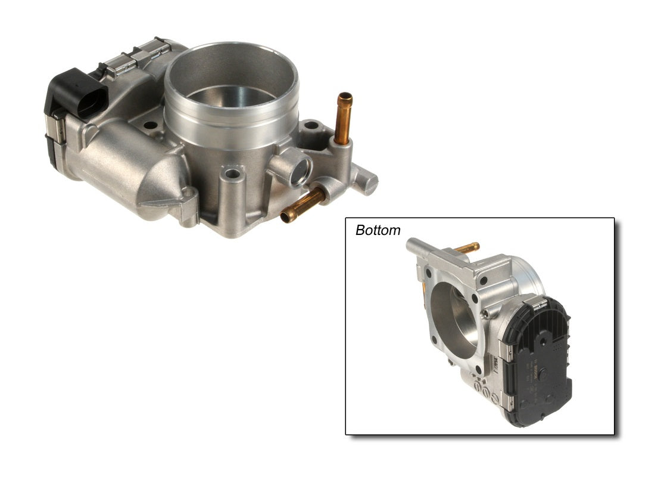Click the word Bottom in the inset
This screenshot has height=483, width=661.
(378, 230)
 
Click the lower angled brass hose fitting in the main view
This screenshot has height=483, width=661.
(303, 204)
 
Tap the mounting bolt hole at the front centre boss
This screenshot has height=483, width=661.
(231, 174)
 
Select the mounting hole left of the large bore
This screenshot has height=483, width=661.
(151, 126)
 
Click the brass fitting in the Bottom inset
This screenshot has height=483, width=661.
(467, 247)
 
